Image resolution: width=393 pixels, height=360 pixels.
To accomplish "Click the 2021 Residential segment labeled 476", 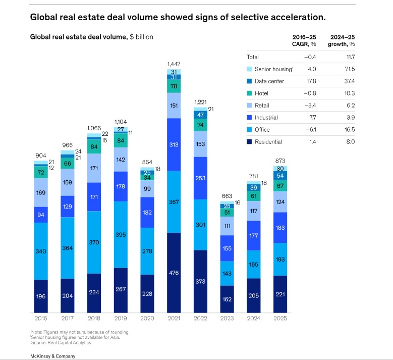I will pyautogui.click(x=174, y=273).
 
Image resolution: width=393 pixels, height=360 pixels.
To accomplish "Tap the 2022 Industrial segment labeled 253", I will pyautogui.click(x=200, y=178).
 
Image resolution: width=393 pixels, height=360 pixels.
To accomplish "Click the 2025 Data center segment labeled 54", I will pyautogui.click(x=280, y=175).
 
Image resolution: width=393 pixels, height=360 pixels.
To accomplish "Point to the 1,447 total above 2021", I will pyautogui.click(x=174, y=64).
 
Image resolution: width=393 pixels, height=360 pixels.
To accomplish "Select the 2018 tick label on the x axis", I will pyautogui.click(x=93, y=319).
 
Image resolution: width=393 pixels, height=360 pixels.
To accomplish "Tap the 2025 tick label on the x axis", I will pyautogui.click(x=280, y=319).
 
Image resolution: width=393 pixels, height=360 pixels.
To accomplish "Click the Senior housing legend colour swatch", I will pyautogui.click(x=249, y=69).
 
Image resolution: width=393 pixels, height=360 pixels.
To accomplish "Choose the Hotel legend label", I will pyautogui.click(x=261, y=93).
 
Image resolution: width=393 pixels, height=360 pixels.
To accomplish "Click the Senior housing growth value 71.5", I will pyautogui.click(x=348, y=69).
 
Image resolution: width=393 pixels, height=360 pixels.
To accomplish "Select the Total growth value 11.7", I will pyautogui.click(x=349, y=57).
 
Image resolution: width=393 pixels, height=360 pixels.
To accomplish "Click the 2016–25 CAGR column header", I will pyautogui.click(x=304, y=40).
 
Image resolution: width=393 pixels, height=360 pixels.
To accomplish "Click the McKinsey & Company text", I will pyautogui.click(x=52, y=356).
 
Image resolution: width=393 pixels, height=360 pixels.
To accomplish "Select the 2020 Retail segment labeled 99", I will pyautogui.click(x=147, y=188).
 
